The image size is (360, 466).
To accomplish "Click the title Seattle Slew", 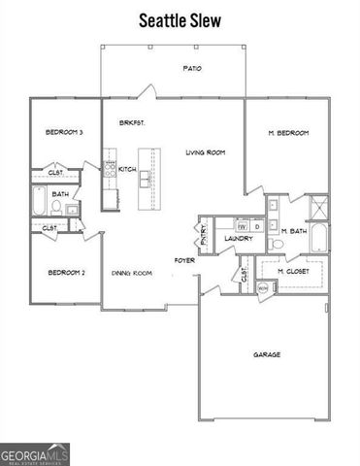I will click(x=180, y=19).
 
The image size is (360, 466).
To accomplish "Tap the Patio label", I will click(x=192, y=68).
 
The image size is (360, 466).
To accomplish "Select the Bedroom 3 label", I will click(x=64, y=133).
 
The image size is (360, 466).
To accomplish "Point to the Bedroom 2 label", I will click(x=67, y=273).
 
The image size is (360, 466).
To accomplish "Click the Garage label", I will click(x=267, y=354).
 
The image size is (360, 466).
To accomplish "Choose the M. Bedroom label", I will click(x=288, y=133).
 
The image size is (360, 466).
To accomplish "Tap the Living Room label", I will click(x=206, y=152).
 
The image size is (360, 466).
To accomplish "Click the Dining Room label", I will click(x=131, y=274).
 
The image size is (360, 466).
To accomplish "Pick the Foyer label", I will click(x=184, y=259).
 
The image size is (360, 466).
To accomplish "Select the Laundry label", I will click(x=239, y=238).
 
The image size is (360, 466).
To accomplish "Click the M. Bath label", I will click(x=294, y=231).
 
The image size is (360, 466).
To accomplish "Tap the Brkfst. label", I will click(x=132, y=123).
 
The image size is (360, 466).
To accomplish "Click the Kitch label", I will click(x=127, y=169).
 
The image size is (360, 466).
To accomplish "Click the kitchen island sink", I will click(x=145, y=179).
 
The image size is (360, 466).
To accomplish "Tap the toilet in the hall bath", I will click(x=71, y=208).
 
